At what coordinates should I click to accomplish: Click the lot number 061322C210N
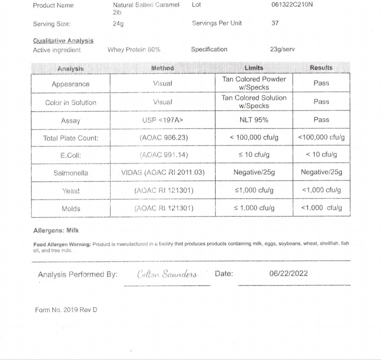coord(292,4)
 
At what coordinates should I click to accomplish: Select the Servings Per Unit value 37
coord(275,23)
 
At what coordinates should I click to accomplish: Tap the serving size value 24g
coord(118,24)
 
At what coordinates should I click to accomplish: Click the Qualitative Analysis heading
coord(63,41)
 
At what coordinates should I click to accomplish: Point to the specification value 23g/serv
coord(282,49)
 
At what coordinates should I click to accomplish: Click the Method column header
coord(162,68)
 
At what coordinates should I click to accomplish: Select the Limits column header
coord(254,68)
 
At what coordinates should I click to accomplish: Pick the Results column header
coord(321,68)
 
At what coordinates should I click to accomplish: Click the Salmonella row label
coord(71,173)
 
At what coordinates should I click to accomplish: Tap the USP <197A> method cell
coord(162,120)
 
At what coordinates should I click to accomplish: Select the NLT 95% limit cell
coord(254,120)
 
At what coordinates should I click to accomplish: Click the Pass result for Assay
coord(321,120)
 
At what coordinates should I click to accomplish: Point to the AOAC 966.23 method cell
coord(164,138)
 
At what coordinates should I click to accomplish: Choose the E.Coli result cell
coord(321,155)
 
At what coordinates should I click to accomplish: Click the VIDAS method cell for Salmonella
coord(163,172)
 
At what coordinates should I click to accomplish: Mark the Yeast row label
coord(71,191)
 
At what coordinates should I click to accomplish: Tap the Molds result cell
coord(321,208)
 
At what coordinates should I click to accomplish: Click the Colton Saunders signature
coord(167,274)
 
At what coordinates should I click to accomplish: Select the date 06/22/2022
coord(288,273)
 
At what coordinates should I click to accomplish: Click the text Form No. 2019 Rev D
coord(66,310)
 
